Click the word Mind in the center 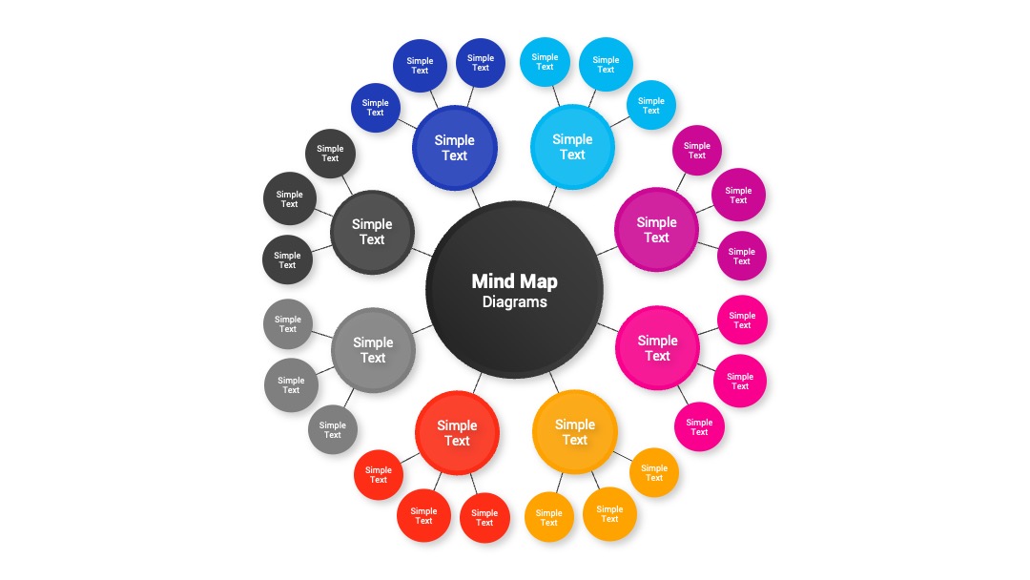click(x=493, y=281)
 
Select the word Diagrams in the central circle click(x=514, y=302)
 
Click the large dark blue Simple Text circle click(x=455, y=148)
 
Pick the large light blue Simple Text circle click(x=572, y=147)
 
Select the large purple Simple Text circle click(x=656, y=230)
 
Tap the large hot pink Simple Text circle click(x=657, y=348)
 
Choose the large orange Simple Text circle click(x=575, y=432)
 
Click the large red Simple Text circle click(x=457, y=433)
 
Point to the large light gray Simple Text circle click(x=373, y=350)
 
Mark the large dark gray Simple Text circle click(x=372, y=232)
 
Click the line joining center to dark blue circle click(x=476, y=197)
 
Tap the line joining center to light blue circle click(x=552, y=197)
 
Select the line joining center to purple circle click(x=607, y=251)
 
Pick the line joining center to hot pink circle click(x=608, y=327)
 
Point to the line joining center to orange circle click(x=554, y=383)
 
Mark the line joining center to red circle click(x=477, y=383)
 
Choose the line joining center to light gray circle click(x=422, y=330)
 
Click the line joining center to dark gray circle click(x=422, y=252)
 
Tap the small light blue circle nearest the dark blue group click(x=545, y=62)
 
